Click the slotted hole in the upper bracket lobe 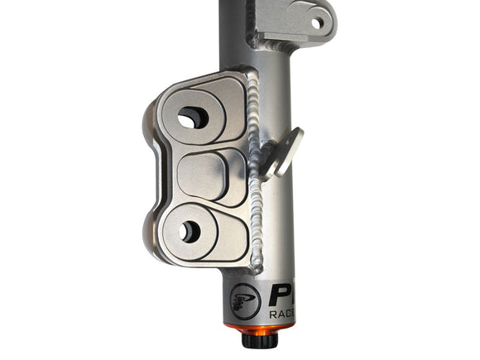pyautogui.click(x=192, y=119)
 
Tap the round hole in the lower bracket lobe pyautogui.click(x=190, y=232)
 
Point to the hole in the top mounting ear pyautogui.click(x=317, y=23)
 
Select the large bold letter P pyautogui.click(x=281, y=294)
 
